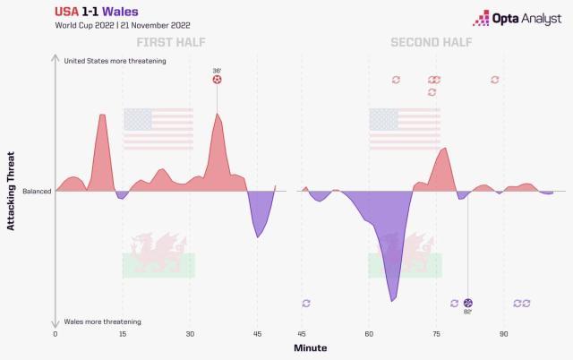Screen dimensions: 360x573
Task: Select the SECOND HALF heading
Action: tap(432, 42)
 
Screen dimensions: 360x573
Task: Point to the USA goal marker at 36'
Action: tap(217, 80)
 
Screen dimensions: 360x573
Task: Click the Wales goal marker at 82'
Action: tap(468, 304)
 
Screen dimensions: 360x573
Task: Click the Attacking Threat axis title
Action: tap(12, 191)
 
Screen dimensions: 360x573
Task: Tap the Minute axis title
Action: tap(312, 347)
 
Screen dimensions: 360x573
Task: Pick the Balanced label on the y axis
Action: tap(37, 192)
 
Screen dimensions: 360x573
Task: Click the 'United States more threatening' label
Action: tap(115, 60)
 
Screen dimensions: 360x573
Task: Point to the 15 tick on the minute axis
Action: tap(123, 333)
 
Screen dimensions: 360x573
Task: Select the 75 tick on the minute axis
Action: tap(436, 333)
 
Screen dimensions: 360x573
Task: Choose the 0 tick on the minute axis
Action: tap(56, 333)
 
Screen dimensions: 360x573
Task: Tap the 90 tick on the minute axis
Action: tap(504, 333)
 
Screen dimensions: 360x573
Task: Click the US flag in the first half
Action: tap(158, 129)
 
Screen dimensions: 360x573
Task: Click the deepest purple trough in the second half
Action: tap(392, 300)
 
